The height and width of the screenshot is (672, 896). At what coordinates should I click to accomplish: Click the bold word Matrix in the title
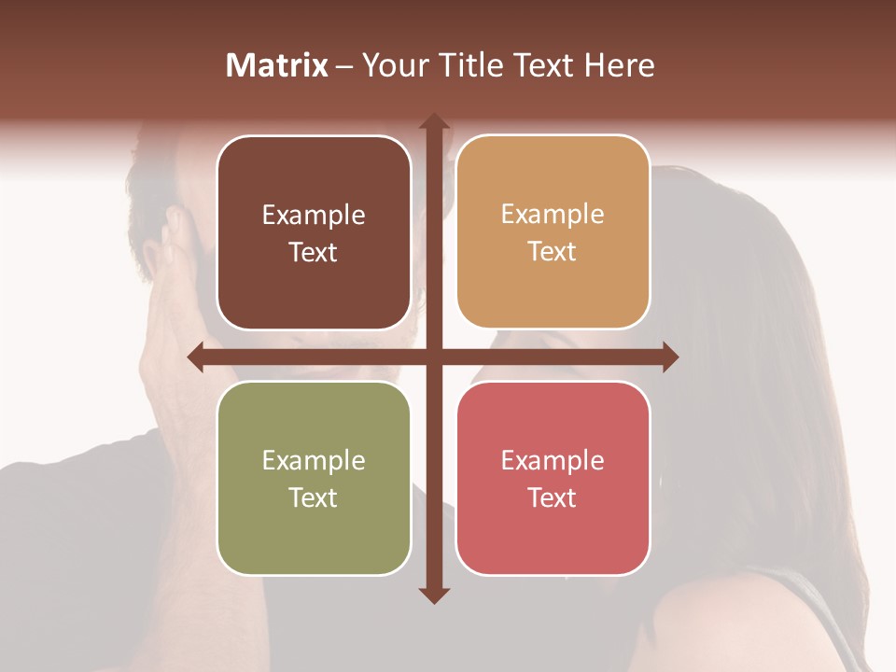(277, 65)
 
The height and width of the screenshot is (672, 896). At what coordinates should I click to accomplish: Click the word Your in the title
(392, 65)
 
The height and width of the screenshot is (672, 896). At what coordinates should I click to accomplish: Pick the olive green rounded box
(314, 532)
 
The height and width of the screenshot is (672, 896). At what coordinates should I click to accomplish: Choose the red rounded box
(553, 532)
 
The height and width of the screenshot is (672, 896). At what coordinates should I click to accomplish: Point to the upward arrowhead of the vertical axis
(433, 121)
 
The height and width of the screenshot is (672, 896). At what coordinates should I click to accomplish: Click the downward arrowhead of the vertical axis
(433, 595)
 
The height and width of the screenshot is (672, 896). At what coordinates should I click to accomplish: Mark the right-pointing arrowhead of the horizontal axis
(670, 357)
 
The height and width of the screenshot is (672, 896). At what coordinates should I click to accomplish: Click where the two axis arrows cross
(433, 357)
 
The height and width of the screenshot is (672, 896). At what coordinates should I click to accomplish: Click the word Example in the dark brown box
(314, 216)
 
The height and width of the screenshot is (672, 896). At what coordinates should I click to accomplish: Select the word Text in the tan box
(553, 252)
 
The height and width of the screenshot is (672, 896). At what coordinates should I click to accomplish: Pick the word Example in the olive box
(314, 460)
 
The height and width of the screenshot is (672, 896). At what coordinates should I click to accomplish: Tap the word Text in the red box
(553, 497)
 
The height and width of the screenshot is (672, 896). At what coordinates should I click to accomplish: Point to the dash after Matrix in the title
(344, 66)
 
